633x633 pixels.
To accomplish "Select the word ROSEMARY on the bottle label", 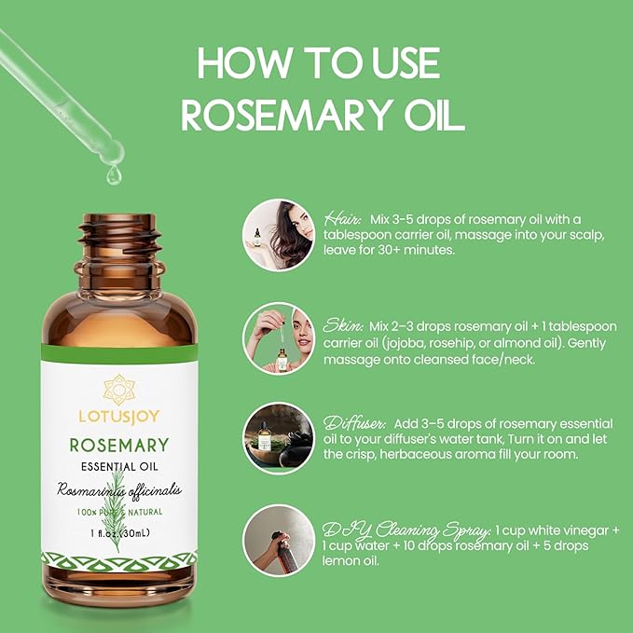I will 118,446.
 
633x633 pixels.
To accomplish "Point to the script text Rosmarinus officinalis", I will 119,489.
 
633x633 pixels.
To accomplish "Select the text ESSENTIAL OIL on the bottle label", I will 118,468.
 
